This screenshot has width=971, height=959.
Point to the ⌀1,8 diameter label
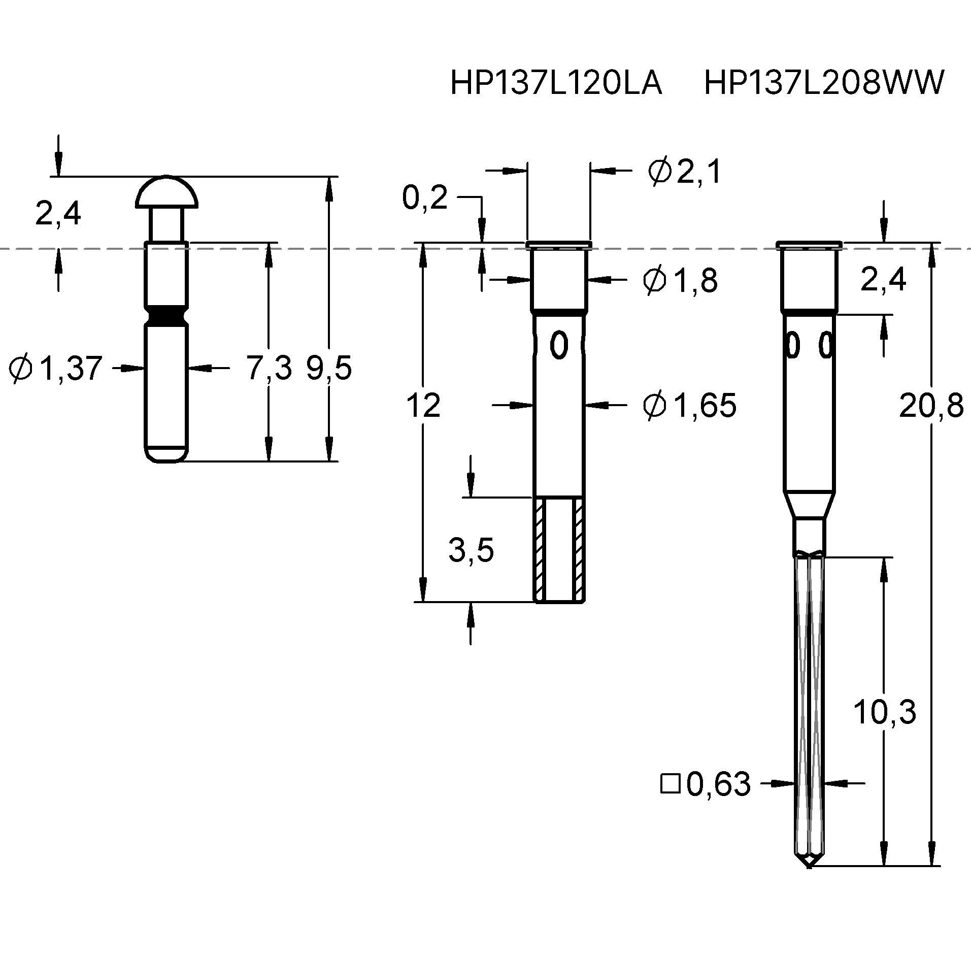pyautogui.click(x=680, y=280)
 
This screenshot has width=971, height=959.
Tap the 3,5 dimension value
pyautogui.click(x=471, y=551)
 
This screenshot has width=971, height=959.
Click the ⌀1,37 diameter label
pyautogui.click(x=56, y=368)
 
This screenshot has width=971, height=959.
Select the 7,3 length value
pyautogui.click(x=269, y=368)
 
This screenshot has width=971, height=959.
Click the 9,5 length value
pyautogui.click(x=328, y=368)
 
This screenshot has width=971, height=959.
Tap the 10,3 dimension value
pyautogui.click(x=884, y=712)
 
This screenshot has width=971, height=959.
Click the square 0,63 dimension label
pyautogui.click(x=706, y=784)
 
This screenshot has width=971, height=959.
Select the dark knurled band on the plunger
pyautogui.click(x=166, y=316)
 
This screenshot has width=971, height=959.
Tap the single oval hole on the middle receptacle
pyautogui.click(x=559, y=345)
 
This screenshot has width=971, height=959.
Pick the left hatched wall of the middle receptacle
pyautogui.click(x=539, y=548)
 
